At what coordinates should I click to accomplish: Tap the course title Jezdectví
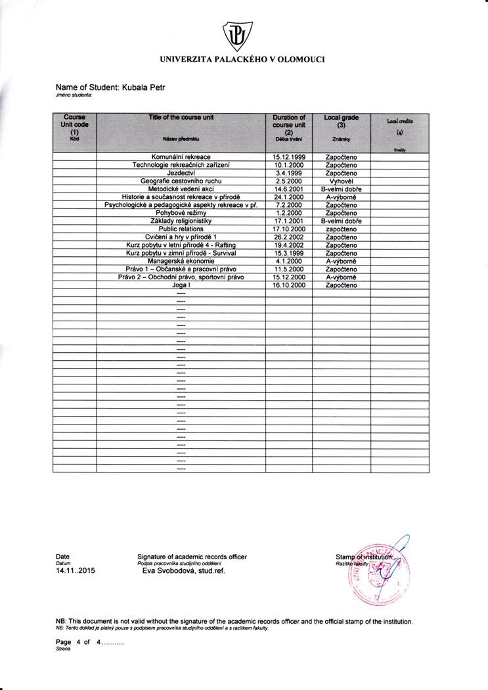coord(181,173)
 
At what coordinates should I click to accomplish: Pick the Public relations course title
coord(181,229)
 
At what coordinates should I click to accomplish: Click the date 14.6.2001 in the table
coord(288,189)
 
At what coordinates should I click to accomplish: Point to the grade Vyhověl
coord(341,181)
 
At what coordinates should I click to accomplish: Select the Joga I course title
coord(181,285)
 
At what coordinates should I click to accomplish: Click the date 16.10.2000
coord(288,285)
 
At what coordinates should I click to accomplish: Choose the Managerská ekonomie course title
coord(181,261)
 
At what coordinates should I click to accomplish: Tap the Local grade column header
coord(341,121)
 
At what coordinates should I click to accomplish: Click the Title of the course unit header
coord(181,117)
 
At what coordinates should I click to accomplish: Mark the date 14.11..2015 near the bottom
coord(76,571)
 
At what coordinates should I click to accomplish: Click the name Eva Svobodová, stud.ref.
coord(185,571)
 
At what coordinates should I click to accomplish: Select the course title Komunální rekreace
coord(181,157)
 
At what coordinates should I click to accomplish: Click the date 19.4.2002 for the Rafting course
coord(288,245)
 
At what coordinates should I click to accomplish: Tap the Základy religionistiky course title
coord(181,221)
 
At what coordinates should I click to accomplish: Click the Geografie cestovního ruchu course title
coord(181,181)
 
